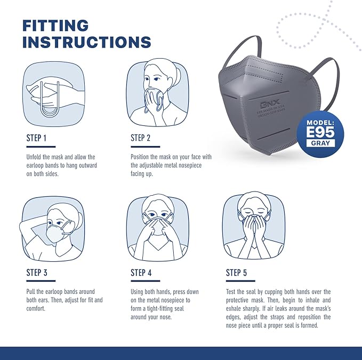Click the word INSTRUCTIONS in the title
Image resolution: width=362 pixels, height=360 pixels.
(86, 42)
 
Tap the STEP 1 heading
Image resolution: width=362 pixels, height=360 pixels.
(37, 138)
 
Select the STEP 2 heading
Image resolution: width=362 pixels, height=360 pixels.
(141, 138)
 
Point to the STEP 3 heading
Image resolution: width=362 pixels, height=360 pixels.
(37, 273)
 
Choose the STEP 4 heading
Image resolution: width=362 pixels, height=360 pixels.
(141, 273)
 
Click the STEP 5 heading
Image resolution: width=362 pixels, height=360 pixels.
(236, 273)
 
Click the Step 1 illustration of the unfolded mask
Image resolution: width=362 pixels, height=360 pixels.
(52, 93)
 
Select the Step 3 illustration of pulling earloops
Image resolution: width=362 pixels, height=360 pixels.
(52, 228)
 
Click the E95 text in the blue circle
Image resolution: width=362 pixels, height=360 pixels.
(320, 132)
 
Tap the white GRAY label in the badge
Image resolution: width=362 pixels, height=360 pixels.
(320, 143)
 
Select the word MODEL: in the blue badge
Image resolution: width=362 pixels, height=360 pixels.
(320, 122)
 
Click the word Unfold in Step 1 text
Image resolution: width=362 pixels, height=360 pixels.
(35, 157)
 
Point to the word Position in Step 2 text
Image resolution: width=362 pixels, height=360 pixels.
(142, 157)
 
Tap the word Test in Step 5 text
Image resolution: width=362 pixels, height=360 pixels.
(232, 292)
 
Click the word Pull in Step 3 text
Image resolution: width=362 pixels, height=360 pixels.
(31, 292)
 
